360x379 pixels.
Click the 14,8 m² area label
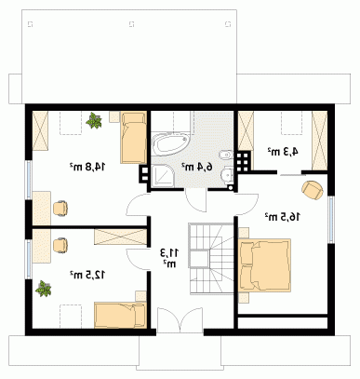[x=87, y=167]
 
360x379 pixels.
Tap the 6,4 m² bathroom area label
[x=197, y=167]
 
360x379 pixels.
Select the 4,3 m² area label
[x=283, y=152]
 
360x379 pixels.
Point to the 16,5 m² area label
[x=283, y=217]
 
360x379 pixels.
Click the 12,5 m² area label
[x=87, y=275]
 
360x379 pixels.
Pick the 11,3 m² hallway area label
[x=169, y=258]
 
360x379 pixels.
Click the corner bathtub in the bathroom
[x=171, y=143]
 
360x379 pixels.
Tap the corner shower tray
[x=163, y=176]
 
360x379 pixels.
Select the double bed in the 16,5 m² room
[x=265, y=264]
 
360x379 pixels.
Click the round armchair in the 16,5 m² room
[x=313, y=189]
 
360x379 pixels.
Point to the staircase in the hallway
[x=210, y=258]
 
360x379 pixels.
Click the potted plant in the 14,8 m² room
[x=94, y=121]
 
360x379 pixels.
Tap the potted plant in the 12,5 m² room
[x=43, y=289]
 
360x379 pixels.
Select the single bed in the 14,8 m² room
[x=133, y=138]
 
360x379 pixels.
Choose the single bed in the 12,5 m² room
[x=120, y=315]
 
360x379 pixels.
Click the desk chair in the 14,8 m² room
[x=60, y=208]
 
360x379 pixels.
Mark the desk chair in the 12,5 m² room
[x=60, y=245]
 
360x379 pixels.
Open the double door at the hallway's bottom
[x=180, y=320]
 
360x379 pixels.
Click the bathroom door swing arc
[x=195, y=202]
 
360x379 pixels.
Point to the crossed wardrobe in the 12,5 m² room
[x=120, y=237]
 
